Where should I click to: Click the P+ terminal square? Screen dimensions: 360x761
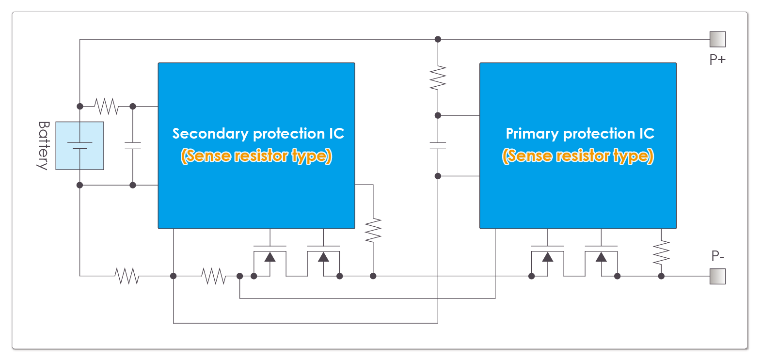click(x=717, y=39)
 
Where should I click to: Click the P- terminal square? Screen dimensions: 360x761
click(x=717, y=276)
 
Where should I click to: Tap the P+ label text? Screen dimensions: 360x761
click(x=717, y=60)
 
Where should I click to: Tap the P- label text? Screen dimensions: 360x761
click(x=718, y=256)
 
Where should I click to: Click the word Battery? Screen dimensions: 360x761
click(x=44, y=145)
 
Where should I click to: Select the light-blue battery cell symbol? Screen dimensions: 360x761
click(x=80, y=145)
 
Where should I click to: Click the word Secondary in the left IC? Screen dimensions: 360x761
click(x=210, y=134)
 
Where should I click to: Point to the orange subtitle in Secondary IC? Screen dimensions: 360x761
click(x=256, y=156)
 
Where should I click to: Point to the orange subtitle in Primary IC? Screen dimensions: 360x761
click(x=578, y=156)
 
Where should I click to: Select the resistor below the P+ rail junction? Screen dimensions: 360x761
click(x=438, y=78)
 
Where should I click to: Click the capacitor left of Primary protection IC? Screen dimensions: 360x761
click(x=438, y=145)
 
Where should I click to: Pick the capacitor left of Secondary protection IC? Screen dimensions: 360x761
click(x=133, y=145)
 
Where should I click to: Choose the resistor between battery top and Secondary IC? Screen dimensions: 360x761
click(x=107, y=106)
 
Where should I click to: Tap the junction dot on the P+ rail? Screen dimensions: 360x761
click(x=438, y=39)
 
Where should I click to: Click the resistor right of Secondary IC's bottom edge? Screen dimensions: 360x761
click(x=373, y=230)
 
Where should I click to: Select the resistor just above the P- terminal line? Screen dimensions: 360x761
click(x=661, y=252)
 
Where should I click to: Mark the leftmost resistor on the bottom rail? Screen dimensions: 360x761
click(x=127, y=276)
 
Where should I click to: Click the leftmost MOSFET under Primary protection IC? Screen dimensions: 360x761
click(x=547, y=259)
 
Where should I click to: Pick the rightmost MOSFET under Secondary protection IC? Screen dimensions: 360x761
click(x=323, y=259)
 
